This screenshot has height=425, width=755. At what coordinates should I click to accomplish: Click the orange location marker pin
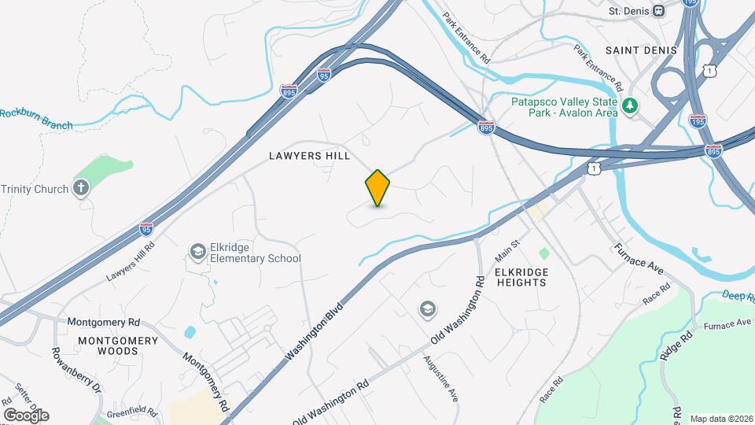(378, 188)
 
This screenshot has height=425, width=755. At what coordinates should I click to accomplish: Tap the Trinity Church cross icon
(80, 188)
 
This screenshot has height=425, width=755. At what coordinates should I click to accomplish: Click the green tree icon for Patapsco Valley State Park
(628, 105)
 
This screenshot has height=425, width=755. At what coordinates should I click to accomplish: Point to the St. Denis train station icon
(659, 11)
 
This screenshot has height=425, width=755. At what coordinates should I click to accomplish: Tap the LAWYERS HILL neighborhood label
(309, 156)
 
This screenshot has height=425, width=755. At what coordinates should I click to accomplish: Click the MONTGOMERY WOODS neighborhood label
(118, 346)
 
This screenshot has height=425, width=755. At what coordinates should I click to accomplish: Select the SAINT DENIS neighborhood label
(641, 50)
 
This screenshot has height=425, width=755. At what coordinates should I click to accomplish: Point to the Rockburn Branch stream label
(37, 119)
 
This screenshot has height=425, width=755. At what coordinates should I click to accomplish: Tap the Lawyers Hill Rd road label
(131, 261)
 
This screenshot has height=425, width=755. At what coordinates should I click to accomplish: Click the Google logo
(25, 415)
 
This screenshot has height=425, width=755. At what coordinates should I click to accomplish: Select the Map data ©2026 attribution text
(720, 419)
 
